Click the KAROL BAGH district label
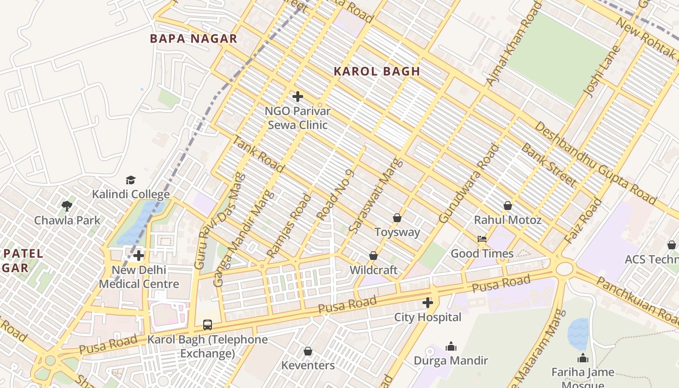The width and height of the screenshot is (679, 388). [377, 71]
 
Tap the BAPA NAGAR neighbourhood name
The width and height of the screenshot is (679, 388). [194, 39]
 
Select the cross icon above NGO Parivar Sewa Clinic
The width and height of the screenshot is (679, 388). [298, 97]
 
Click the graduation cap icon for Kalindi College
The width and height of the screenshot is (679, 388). [130, 180]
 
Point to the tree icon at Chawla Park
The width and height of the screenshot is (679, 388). [67, 206]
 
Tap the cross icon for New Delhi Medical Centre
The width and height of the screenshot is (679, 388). [139, 256]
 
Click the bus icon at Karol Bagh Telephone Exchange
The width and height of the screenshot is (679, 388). [208, 325]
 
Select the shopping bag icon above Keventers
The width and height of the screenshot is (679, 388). [308, 351]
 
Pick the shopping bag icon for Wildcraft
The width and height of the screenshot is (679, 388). [373, 256]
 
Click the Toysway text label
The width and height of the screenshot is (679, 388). [397, 232]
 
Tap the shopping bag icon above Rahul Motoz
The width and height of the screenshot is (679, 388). [507, 206]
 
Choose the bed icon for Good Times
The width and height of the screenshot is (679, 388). [482, 239]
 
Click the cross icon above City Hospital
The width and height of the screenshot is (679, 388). [427, 303]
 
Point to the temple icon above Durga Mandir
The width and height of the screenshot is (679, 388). [451, 346]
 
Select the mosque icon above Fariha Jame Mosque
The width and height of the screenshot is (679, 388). [582, 358]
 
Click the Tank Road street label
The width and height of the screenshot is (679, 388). [259, 154]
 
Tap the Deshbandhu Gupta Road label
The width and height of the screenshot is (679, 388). [596, 163]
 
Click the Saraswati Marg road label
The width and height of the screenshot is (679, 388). [376, 195]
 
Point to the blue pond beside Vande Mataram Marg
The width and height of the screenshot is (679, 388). [578, 334]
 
